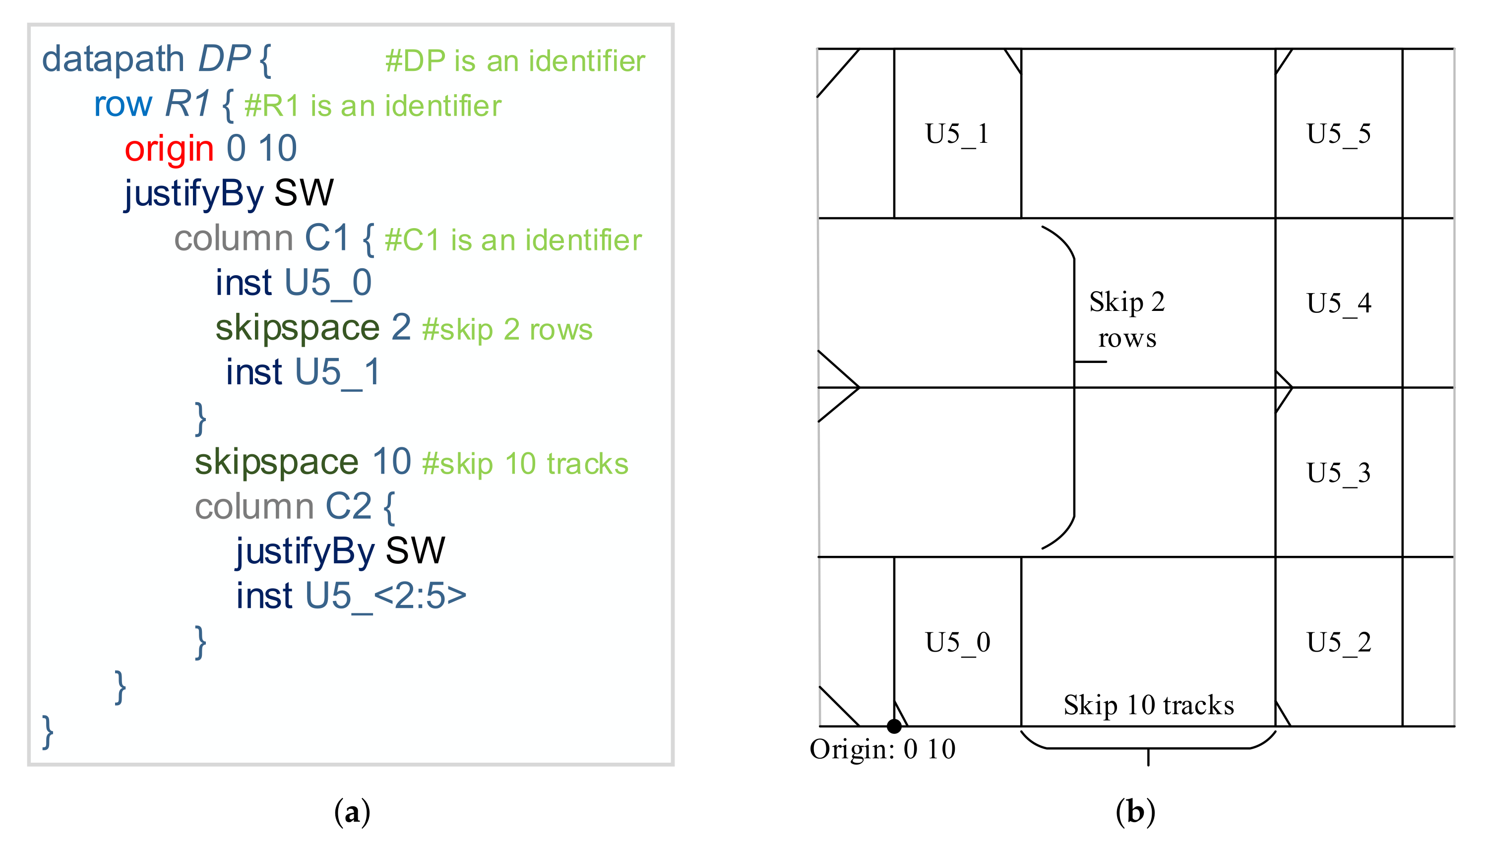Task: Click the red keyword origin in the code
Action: coord(169,149)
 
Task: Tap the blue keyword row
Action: coord(123,104)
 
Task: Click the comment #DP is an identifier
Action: coord(515,61)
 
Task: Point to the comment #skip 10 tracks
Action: coord(525,464)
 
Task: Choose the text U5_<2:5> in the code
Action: coord(385,595)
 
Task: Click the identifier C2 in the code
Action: coord(348,506)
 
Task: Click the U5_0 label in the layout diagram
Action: coord(958,642)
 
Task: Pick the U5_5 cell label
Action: coord(1338,134)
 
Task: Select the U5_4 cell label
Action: coord(1338,303)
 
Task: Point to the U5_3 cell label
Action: coord(1338,473)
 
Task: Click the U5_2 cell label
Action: coord(1338,642)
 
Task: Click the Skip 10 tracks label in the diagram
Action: coord(1148,705)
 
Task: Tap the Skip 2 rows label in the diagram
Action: coord(1127,320)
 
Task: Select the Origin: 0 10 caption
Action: coord(882,749)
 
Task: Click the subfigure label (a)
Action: coord(352,812)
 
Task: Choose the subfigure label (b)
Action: coord(1135,812)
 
